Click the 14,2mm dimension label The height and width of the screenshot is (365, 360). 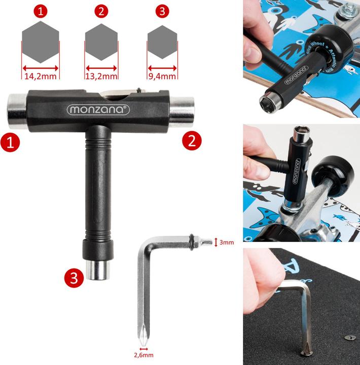tap(40, 77)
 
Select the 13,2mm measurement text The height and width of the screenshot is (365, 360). tap(101, 77)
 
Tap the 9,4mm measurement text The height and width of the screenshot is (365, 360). tap(162, 77)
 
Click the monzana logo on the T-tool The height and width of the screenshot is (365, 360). tap(98, 109)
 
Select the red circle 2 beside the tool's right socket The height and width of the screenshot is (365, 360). tap(191, 141)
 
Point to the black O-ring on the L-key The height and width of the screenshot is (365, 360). tap(193, 241)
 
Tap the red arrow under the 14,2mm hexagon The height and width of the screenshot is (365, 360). tap(41, 67)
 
